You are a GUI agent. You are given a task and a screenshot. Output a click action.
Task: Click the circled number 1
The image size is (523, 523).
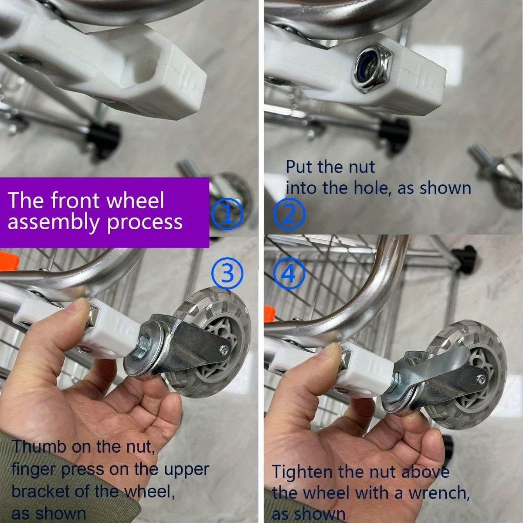click(227, 213)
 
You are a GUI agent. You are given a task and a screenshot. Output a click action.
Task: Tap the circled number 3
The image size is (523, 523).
click(227, 274)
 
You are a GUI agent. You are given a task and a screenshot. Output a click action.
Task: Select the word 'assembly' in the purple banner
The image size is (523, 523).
click(53, 222)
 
